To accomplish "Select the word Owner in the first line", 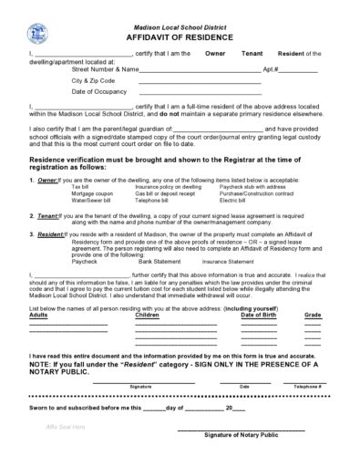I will (215, 55).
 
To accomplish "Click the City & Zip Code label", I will (93, 80).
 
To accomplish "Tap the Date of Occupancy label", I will (98, 92).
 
